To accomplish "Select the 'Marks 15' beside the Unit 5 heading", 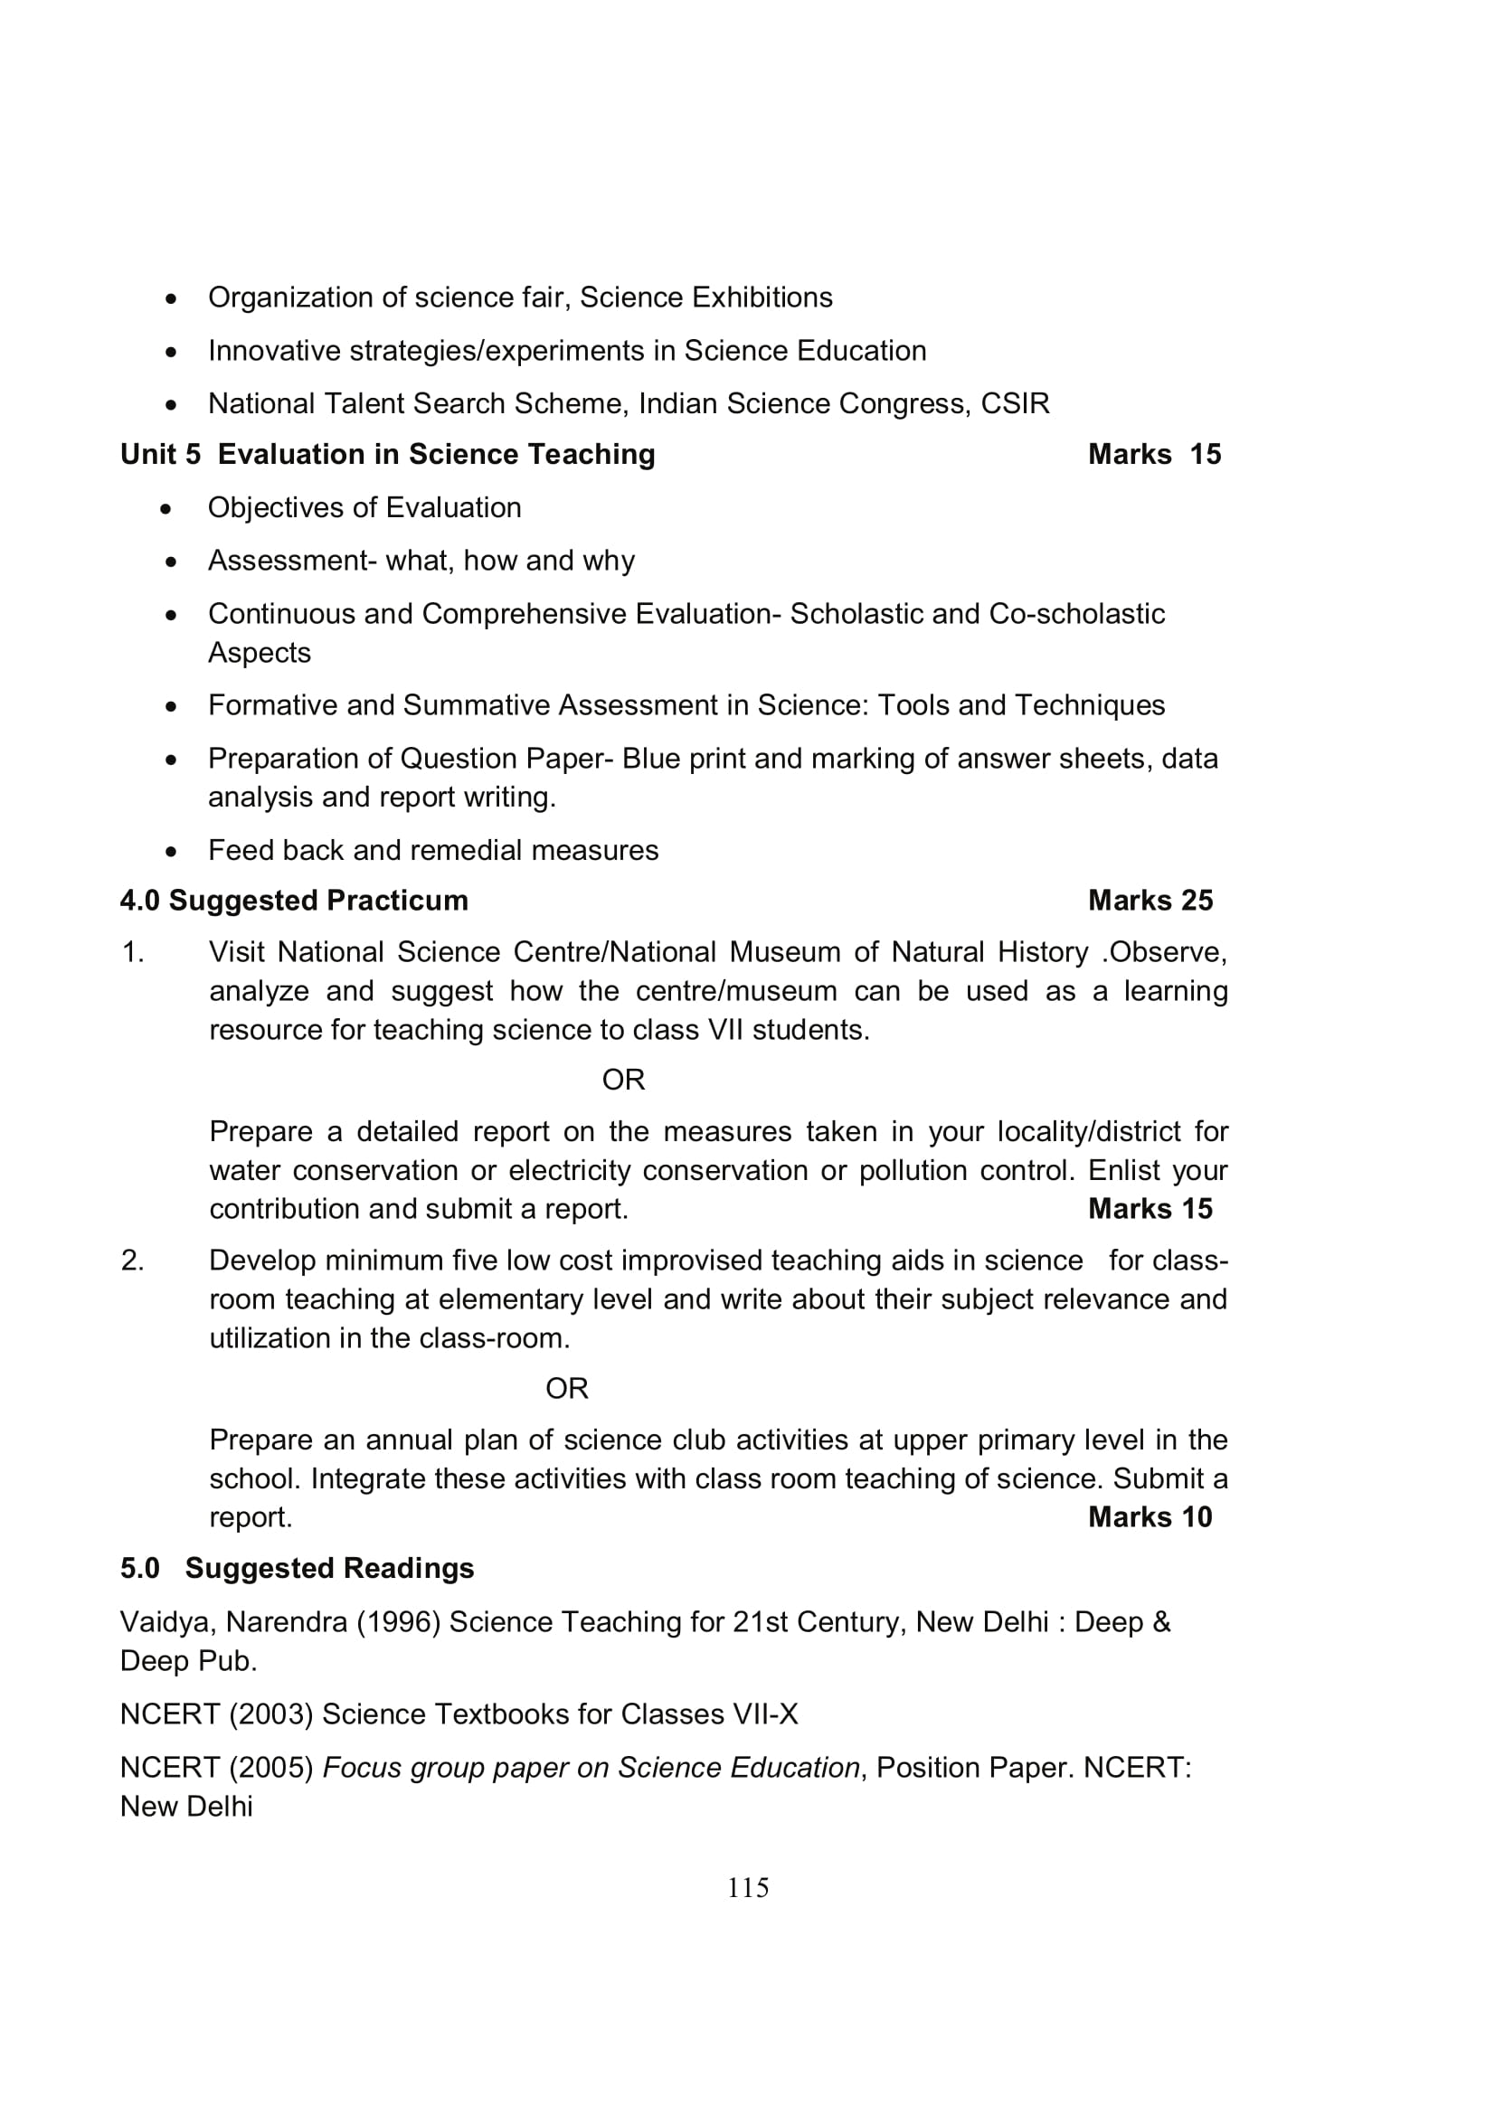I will [x=1153, y=454].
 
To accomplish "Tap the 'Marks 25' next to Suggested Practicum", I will [x=1150, y=900].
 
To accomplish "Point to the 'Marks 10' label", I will [x=1150, y=1516].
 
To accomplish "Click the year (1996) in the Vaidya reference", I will [x=399, y=1621].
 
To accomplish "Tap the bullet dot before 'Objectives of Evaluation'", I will [x=166, y=508].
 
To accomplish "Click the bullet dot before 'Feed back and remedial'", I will [x=170, y=851].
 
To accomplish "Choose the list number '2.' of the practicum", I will [x=133, y=1261].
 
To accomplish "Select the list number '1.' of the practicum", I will [x=133, y=951].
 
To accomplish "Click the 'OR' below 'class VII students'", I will [x=622, y=1080].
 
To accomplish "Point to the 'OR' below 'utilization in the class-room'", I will [x=566, y=1388].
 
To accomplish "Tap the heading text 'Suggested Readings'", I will [x=329, y=1568].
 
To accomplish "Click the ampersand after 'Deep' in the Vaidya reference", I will [x=1160, y=1621].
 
